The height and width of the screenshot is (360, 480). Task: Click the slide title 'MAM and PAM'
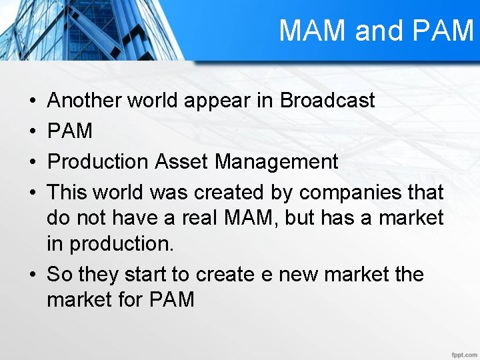pyautogui.click(x=375, y=31)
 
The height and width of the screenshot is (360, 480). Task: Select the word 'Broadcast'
pyautogui.click(x=327, y=101)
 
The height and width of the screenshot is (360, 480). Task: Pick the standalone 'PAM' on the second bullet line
pyautogui.click(x=70, y=131)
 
